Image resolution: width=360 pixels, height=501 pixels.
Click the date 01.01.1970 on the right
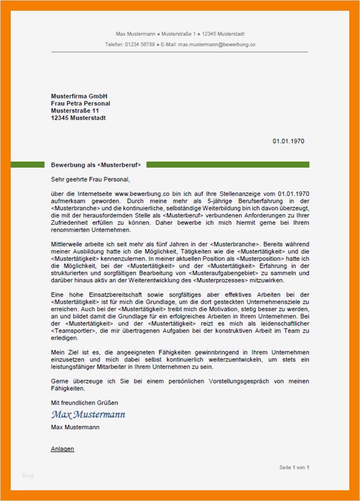coord(288,141)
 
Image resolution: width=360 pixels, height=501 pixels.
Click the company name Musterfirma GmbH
coord(79,97)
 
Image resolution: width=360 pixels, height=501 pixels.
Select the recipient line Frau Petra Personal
coord(81,104)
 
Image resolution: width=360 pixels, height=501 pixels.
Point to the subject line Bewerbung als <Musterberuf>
coord(96,165)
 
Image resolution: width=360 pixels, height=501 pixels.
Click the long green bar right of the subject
coord(227,164)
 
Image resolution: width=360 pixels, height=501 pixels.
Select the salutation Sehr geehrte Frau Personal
coord(90,180)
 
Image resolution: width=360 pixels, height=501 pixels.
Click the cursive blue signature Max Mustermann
coord(88,415)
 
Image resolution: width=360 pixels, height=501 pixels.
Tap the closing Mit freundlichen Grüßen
coord(85,403)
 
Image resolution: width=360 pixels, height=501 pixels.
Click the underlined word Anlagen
coord(63,449)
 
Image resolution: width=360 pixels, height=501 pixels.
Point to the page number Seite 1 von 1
coord(294,468)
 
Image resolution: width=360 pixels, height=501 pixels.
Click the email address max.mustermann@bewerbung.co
coord(217,44)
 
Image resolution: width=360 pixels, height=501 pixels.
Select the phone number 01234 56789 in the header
coord(140,44)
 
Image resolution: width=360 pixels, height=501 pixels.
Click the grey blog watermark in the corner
coord(28,476)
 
